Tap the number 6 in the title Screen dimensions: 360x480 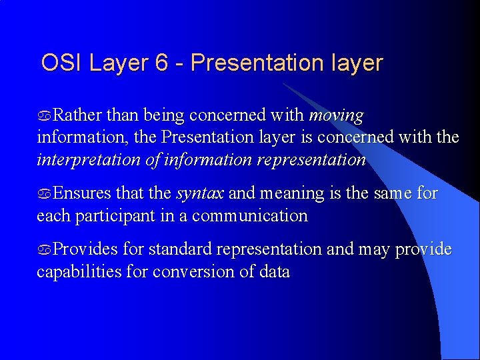coord(161,63)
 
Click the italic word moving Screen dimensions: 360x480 coord(336,115)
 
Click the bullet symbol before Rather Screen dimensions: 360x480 coord(44,117)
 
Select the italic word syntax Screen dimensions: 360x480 coord(199,194)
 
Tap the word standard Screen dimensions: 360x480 coord(177,249)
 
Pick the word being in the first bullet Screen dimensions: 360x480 coord(163,116)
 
